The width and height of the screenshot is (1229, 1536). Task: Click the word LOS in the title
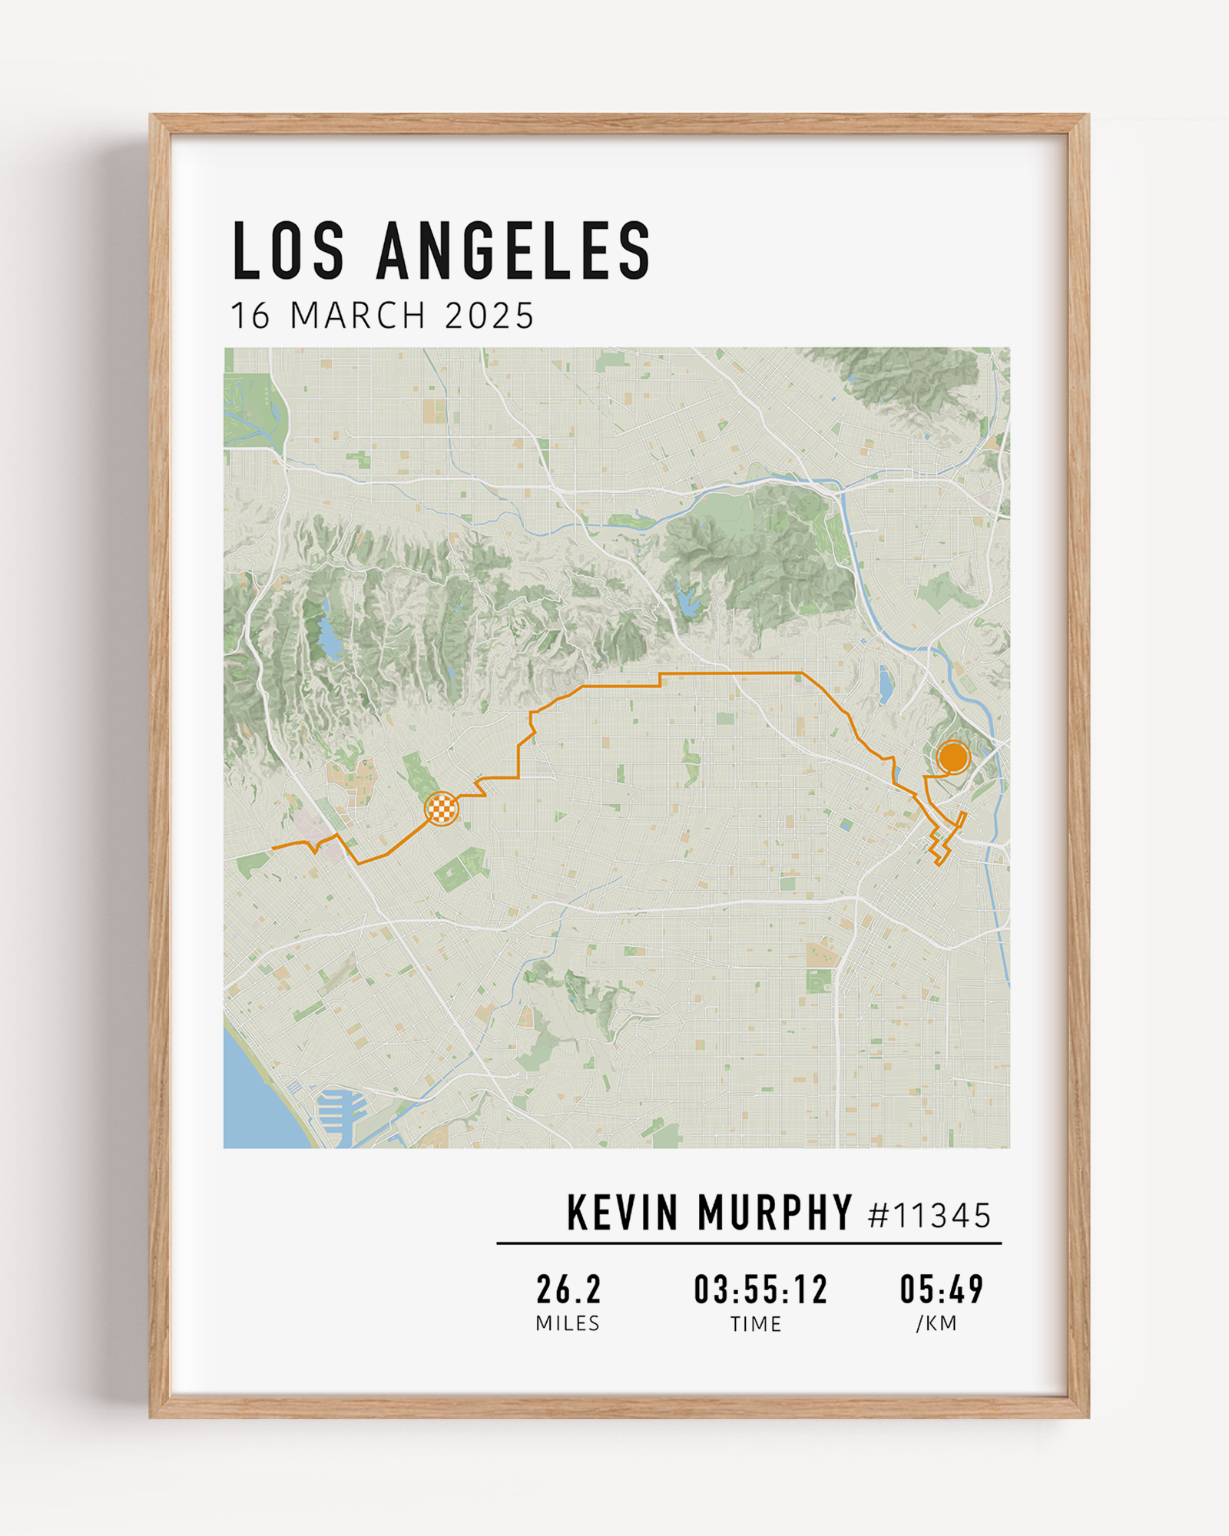[288, 251]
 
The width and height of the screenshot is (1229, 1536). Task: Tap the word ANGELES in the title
[514, 251]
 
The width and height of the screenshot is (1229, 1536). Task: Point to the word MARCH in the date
[358, 316]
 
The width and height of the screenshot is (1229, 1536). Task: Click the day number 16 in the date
[250, 316]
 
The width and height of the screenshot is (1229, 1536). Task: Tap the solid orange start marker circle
[953, 757]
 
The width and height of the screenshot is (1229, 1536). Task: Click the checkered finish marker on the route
[442, 809]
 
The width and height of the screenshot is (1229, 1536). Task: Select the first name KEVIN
[622, 1213]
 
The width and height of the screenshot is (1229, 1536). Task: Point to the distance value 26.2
[568, 1289]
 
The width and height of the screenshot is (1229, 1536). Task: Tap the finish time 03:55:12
[760, 1289]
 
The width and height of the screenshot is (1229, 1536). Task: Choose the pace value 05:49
[942, 1289]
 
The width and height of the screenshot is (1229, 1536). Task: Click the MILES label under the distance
[568, 1323]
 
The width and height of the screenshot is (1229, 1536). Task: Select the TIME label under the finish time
[756, 1324]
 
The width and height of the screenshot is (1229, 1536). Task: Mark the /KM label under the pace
[936, 1323]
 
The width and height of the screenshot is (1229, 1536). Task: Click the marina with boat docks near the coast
[342, 1111]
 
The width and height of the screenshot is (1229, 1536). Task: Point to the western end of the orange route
[273, 848]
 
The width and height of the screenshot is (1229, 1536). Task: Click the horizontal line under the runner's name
[749, 1243]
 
